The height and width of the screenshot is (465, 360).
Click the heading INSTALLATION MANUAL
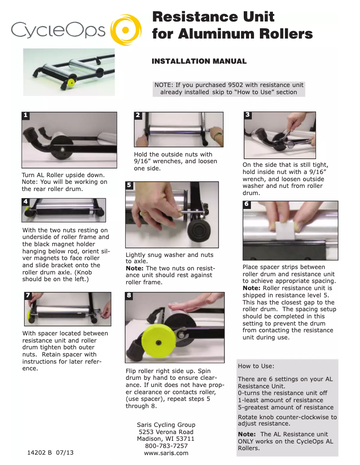pyautogui.click(x=199, y=61)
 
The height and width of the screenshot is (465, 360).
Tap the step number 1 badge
pyautogui.click(x=26, y=115)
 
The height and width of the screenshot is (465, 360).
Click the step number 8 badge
pyautogui.click(x=129, y=295)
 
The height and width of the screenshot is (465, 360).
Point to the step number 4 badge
pyautogui.click(x=26, y=202)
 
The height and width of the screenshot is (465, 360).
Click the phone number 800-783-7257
pyautogui.click(x=166, y=446)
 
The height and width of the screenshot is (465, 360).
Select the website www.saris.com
pyautogui.click(x=166, y=453)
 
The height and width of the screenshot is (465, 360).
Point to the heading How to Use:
pyautogui.click(x=256, y=366)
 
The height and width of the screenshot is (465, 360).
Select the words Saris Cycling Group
pyautogui.click(x=166, y=425)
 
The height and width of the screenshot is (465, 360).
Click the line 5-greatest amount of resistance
pyautogui.click(x=285, y=407)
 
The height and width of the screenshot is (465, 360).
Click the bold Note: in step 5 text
pyautogui.click(x=134, y=268)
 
